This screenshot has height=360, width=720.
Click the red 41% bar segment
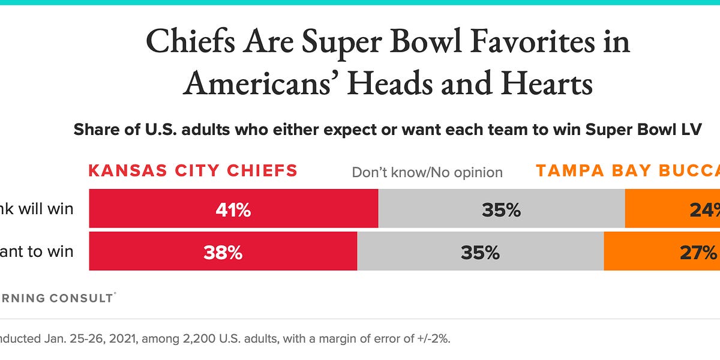click(x=233, y=209)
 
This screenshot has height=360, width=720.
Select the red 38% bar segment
click(x=223, y=251)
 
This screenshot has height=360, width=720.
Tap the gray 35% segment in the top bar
click(x=501, y=209)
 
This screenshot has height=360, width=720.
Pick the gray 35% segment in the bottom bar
click(x=480, y=251)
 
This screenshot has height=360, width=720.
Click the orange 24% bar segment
click(x=672, y=209)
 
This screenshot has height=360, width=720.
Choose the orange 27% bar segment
click(x=662, y=251)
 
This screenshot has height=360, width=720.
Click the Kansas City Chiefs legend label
click(x=193, y=171)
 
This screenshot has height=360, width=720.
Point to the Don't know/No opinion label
click(x=427, y=173)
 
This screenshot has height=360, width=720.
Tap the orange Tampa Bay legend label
click(x=628, y=171)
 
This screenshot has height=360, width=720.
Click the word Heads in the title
click(x=393, y=83)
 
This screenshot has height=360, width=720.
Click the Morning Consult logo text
click(x=57, y=298)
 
